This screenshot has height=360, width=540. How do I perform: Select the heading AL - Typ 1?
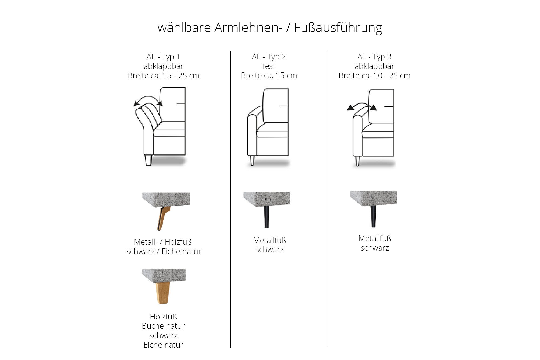pyautogui.click(x=163, y=57)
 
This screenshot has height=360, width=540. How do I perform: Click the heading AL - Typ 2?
pyautogui.click(x=269, y=57)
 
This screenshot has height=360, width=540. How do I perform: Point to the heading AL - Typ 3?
pyautogui.click(x=374, y=57)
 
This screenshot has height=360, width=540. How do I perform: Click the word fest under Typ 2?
pyautogui.click(x=269, y=66)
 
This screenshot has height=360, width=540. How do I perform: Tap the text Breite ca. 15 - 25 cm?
pyautogui.click(x=164, y=76)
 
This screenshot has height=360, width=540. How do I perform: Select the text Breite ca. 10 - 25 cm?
pyautogui.click(x=374, y=76)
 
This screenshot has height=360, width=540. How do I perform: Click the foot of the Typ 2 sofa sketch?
pyautogui.click(x=252, y=160)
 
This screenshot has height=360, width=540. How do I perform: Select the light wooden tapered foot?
pyautogui.click(x=162, y=293)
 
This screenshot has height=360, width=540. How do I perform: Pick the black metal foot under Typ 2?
pyautogui.click(x=266, y=217)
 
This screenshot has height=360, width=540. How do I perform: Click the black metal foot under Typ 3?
pyautogui.click(x=373, y=216)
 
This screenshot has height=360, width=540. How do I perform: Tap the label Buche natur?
pyautogui.click(x=163, y=326)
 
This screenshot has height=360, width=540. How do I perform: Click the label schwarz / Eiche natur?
pyautogui.click(x=164, y=252)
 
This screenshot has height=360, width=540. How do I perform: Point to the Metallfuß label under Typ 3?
pyautogui.click(x=375, y=239)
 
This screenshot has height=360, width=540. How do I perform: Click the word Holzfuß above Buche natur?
pyautogui.click(x=163, y=317)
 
